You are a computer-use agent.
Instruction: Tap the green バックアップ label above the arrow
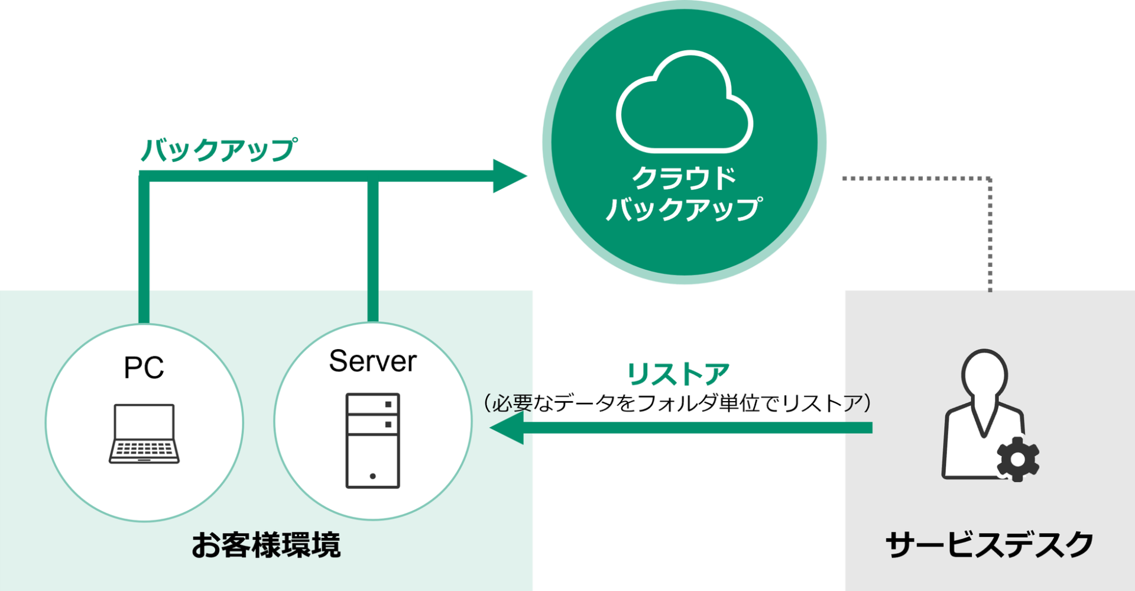coord(219,149)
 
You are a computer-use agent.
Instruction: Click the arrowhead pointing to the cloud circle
coord(508,176)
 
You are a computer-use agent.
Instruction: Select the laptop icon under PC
coord(144,433)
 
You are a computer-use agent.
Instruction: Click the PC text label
coord(144,368)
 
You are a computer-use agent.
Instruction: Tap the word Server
coord(372,361)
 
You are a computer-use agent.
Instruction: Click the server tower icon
coord(372,441)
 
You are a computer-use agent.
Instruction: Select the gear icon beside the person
coord(1017,459)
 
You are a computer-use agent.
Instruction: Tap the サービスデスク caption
coord(989,545)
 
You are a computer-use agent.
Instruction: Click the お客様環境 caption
coord(266,545)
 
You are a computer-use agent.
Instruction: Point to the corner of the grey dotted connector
coord(990,178)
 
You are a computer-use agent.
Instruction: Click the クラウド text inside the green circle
coord(684,178)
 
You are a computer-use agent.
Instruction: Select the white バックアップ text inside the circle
coord(684,209)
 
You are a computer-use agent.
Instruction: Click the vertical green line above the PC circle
coord(144,248)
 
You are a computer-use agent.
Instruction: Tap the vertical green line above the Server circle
coord(372,248)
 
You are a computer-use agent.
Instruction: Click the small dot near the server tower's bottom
coord(372,476)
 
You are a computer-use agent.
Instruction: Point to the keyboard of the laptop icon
coord(144,449)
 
